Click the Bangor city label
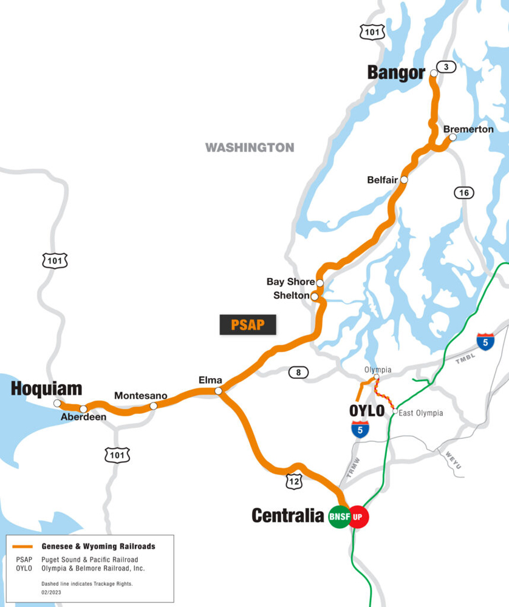(x=396, y=73)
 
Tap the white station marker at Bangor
(x=434, y=73)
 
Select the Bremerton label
(x=468, y=129)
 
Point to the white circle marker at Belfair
(x=404, y=180)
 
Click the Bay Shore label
(x=290, y=282)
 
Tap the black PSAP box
(x=248, y=325)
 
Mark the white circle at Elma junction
(x=219, y=391)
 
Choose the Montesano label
(x=141, y=396)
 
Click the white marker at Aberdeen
(x=83, y=409)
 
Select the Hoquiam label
(x=46, y=389)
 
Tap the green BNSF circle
(x=340, y=517)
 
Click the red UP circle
(x=358, y=517)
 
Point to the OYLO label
(x=367, y=411)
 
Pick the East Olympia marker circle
(x=395, y=412)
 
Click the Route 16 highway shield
(x=464, y=193)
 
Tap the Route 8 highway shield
(x=298, y=372)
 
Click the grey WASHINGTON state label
(x=250, y=148)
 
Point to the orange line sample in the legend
(x=22, y=546)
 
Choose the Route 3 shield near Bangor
(x=446, y=67)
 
